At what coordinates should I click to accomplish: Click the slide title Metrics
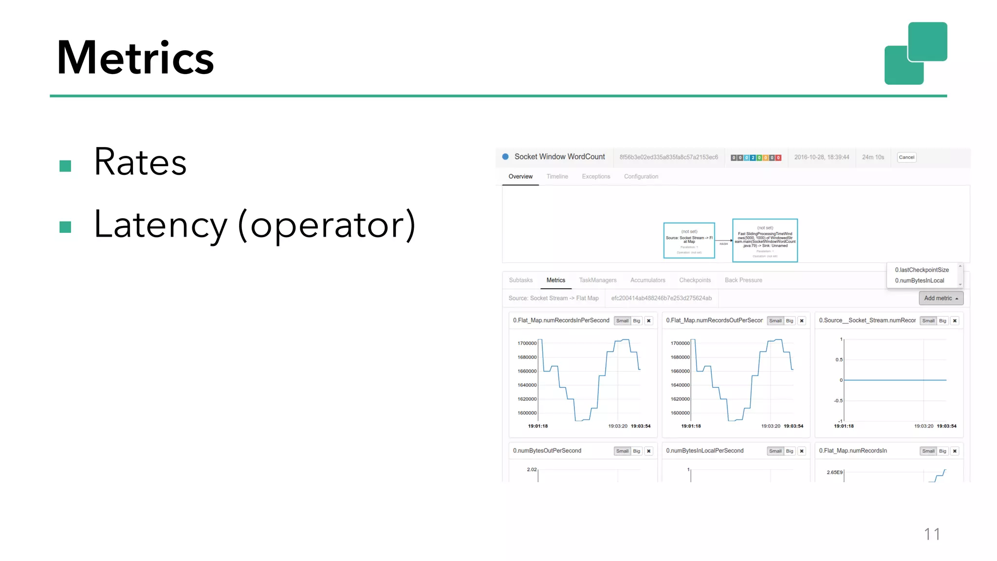click(135, 58)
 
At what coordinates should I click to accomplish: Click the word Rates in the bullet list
click(140, 162)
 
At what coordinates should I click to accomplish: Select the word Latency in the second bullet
click(161, 224)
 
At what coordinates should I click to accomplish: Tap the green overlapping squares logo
click(916, 53)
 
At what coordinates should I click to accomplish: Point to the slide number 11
click(932, 534)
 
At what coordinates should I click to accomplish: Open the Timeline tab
click(557, 177)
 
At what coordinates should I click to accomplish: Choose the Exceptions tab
click(596, 177)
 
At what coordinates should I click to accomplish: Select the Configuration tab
click(641, 177)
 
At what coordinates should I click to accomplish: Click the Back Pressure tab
click(743, 280)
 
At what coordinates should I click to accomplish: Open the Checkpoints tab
click(695, 280)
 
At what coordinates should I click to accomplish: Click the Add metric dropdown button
click(941, 299)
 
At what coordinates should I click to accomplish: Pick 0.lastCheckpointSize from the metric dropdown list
click(922, 270)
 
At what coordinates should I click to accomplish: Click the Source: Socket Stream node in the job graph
click(689, 241)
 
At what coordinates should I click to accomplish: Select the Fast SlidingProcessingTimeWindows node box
click(765, 241)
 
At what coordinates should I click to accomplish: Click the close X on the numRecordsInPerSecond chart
click(649, 321)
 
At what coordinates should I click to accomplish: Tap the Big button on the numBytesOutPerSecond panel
click(636, 451)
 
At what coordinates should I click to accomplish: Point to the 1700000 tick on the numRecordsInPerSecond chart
click(527, 343)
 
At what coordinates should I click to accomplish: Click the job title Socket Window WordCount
click(559, 157)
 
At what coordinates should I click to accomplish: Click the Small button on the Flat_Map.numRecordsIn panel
click(928, 451)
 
